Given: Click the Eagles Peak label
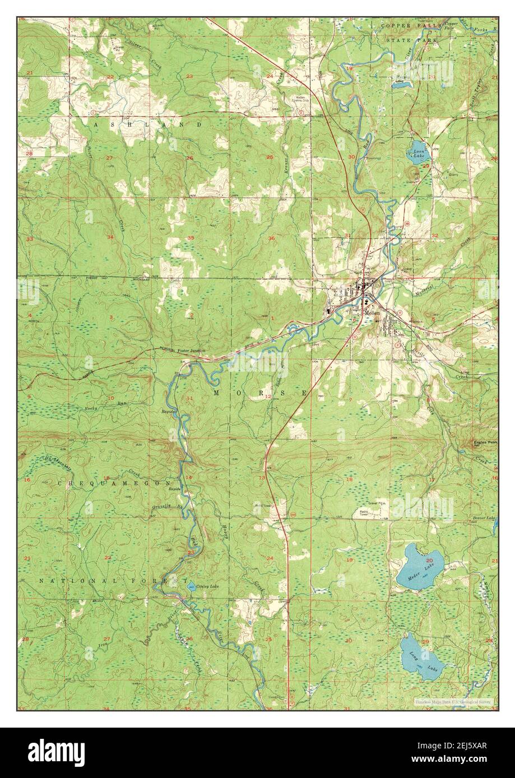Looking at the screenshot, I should tap(485, 442).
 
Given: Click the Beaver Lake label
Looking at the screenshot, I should tap(485, 519).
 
